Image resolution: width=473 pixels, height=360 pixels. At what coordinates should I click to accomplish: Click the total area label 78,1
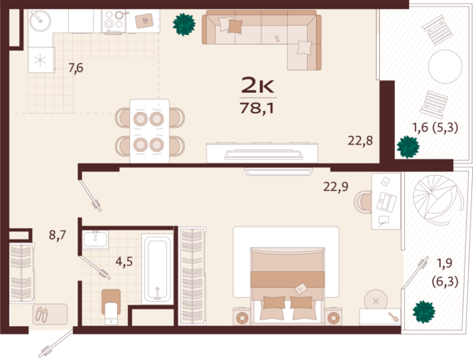coord(257,108)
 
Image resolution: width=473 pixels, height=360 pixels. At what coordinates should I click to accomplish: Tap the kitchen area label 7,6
coord(76,68)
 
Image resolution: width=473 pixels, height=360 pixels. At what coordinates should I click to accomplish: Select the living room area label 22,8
coord(360,140)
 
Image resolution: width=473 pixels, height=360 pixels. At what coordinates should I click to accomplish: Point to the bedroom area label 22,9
coord(336,187)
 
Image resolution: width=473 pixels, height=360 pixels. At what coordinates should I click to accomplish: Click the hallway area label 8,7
coord(57,235)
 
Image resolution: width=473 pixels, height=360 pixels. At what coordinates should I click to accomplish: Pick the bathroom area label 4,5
coord(124,261)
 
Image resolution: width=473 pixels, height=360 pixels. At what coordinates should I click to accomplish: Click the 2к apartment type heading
coord(258,85)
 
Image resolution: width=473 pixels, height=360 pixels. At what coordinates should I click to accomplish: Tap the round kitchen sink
coord(40,21)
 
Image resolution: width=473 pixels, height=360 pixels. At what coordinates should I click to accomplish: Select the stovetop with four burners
coord(115,21)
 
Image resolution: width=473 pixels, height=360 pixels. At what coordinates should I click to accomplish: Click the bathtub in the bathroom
coord(157,270)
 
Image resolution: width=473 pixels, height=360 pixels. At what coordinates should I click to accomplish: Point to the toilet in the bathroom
coord(111,307)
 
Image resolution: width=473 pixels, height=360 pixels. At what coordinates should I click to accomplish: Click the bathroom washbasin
coord(95,241)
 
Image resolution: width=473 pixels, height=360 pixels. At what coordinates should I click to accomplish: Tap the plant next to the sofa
coord(183,24)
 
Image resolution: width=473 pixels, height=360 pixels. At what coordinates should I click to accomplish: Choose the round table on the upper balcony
coord(445,66)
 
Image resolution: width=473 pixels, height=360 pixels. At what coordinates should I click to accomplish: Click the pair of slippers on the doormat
coord(42,314)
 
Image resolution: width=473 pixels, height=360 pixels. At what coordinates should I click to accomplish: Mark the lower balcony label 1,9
coord(445,263)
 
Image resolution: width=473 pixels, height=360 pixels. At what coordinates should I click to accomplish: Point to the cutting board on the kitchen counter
coord(144,21)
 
